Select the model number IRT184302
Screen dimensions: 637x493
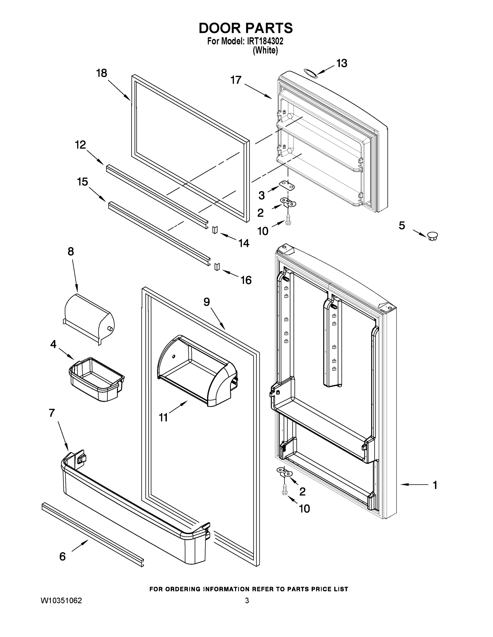tap(265, 41)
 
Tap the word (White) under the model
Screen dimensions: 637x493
tap(265, 50)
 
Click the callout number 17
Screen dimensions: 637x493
tap(236, 80)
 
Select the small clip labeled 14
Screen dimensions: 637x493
tap(215, 230)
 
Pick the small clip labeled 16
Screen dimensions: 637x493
tap(217, 266)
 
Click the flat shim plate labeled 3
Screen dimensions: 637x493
tap(286, 185)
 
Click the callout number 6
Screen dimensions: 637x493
tap(62, 557)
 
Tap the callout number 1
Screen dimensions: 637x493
tap(435, 485)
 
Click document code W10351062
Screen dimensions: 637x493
tap(61, 601)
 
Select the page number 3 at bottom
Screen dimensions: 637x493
tap(247, 601)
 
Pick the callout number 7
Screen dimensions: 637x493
tap(52, 413)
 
